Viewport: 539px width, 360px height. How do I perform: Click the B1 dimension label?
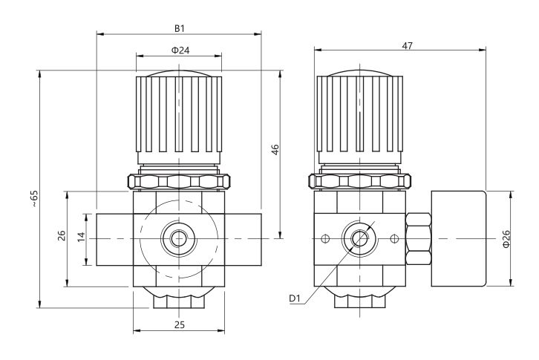coord(180,28)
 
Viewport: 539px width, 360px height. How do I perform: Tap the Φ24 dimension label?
coord(180,50)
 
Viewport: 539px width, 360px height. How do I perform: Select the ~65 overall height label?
coord(34,198)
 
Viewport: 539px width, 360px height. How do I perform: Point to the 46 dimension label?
coord(275,150)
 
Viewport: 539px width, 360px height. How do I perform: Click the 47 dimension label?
coord(407,45)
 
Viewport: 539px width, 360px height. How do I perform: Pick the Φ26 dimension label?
coord(506,238)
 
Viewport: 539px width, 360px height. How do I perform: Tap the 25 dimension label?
coord(180,324)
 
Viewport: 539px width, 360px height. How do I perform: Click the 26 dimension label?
coord(62,235)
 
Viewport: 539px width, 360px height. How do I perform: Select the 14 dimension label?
coord(81,237)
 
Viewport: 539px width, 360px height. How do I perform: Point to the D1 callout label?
coord(295,298)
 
